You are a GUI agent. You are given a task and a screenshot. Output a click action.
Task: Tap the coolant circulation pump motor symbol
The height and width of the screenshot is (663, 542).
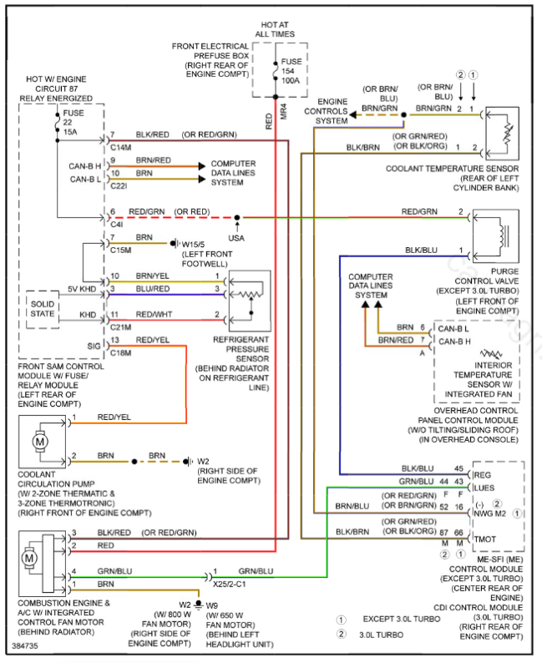[38, 440]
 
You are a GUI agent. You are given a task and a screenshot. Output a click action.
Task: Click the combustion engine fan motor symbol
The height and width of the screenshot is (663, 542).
[30, 556]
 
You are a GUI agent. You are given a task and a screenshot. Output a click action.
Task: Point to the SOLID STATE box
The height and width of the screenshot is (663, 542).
[43, 308]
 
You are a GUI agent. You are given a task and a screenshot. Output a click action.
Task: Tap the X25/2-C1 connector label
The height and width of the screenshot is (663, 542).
[230, 583]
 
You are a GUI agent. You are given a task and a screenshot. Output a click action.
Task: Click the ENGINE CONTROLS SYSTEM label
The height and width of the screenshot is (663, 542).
[332, 111]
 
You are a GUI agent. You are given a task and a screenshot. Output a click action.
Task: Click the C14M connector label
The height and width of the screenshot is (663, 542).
[121, 148]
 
